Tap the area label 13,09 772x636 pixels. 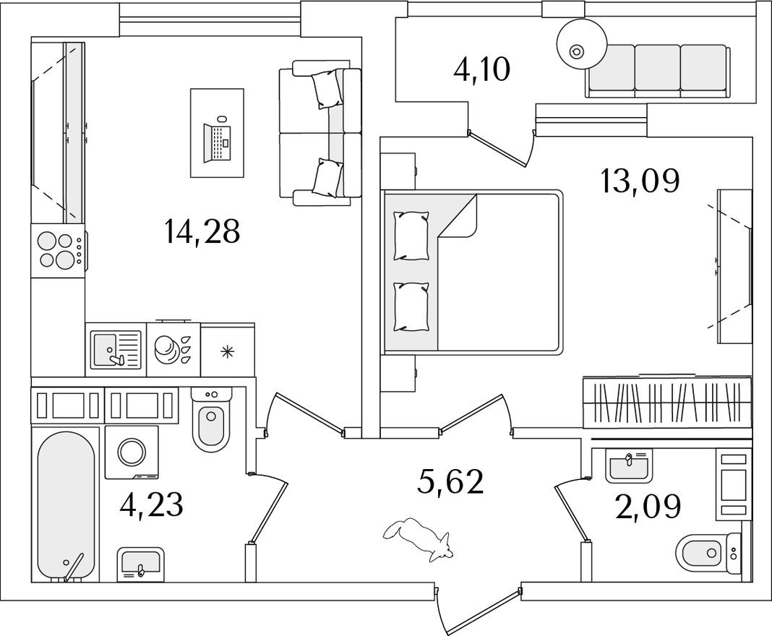(x=639, y=181)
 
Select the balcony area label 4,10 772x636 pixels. (x=481, y=70)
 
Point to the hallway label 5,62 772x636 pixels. (x=450, y=481)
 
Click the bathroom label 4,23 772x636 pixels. (x=152, y=504)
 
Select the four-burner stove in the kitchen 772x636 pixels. (x=59, y=249)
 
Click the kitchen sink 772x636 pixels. (x=115, y=348)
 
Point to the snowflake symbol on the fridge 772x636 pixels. (x=228, y=352)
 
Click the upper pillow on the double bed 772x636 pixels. (x=411, y=235)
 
